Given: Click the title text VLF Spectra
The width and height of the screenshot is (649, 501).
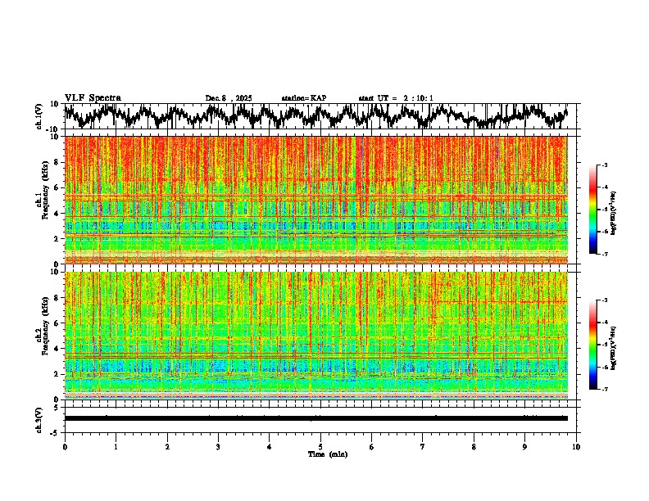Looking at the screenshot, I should click(93, 97).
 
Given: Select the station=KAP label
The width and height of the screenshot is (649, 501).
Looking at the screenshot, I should click(304, 98).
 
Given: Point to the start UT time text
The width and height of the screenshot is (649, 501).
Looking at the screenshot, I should click(396, 98).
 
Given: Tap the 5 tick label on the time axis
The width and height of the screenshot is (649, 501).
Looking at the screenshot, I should click(320, 446).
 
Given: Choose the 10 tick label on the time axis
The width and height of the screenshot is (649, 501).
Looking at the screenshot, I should click(576, 446).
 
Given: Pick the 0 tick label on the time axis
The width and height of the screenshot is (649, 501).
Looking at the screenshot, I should click(65, 446).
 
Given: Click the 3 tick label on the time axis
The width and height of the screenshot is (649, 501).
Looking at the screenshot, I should click(218, 446).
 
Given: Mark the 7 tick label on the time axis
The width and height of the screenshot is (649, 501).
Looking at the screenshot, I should click(423, 446).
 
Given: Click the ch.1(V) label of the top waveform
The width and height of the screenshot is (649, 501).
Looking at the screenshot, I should click(40, 116).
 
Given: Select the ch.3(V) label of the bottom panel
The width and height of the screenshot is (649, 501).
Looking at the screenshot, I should click(40, 418).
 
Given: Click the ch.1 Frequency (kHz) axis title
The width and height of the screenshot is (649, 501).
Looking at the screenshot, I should click(40, 199).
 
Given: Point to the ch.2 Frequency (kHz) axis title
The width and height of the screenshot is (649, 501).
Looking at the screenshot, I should click(40, 334).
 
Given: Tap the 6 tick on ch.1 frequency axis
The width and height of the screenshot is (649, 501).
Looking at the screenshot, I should click(57, 187).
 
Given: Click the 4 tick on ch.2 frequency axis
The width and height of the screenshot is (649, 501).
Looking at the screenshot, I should click(57, 349).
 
